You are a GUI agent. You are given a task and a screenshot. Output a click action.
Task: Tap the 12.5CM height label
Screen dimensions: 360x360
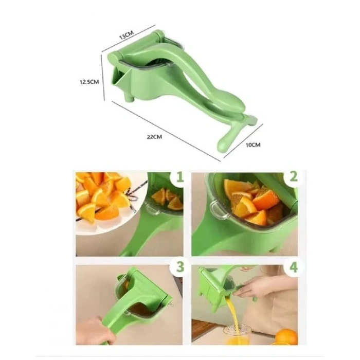89,82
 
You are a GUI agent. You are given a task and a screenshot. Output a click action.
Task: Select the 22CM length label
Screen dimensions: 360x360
154,137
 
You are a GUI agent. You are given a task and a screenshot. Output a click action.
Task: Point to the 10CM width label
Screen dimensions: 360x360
253,145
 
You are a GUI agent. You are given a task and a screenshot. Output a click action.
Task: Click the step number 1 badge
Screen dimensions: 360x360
180,177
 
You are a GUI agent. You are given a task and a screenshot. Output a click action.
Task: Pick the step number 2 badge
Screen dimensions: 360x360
294,177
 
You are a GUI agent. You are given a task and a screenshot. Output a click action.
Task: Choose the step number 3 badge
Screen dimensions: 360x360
180,267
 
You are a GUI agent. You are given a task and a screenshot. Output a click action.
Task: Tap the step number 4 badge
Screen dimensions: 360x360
294,267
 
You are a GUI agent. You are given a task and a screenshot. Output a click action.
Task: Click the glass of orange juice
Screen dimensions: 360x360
237,336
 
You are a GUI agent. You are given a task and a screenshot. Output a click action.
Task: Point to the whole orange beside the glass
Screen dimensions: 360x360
286,337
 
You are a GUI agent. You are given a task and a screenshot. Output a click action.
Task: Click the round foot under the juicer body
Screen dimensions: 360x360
129,97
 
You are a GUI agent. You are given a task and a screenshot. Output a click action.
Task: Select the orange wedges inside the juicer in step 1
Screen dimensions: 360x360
167,199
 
